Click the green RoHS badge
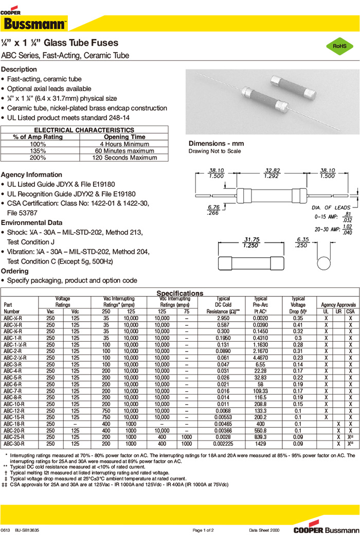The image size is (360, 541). (x=339, y=46)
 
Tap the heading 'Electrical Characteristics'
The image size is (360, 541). (x=84, y=130)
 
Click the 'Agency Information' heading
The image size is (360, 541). (x=31, y=174)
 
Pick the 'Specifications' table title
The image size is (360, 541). (x=179, y=293)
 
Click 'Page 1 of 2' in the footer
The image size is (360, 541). (x=203, y=530)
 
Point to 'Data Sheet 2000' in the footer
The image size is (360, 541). (x=264, y=530)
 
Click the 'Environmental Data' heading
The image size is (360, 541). (x=32, y=222)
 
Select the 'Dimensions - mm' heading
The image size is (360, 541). (x=216, y=144)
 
